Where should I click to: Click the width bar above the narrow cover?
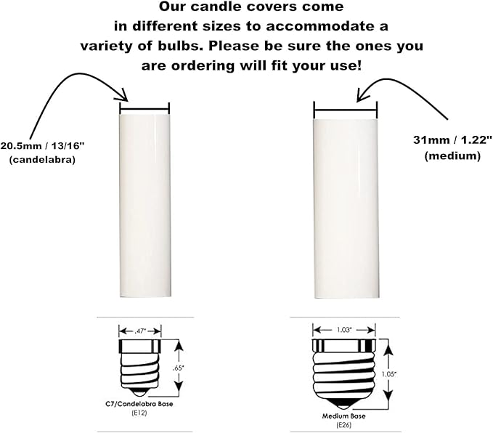(144, 110)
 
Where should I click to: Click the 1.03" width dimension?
(344, 331)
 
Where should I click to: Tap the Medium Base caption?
(343, 417)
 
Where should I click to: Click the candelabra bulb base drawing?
(143, 368)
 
